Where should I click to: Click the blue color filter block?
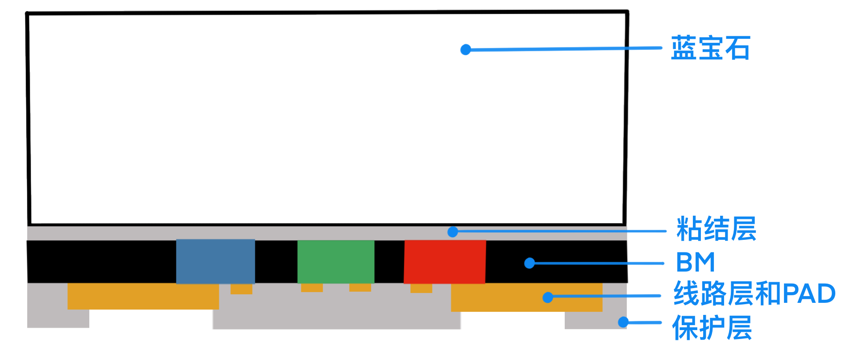pyautogui.click(x=216, y=261)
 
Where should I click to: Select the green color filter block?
pyautogui.click(x=336, y=261)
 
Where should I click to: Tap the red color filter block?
pyautogui.click(x=445, y=262)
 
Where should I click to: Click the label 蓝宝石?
pyautogui.click(x=710, y=48)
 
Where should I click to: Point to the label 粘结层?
pyautogui.click(x=716, y=229)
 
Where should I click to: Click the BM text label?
pyautogui.click(x=696, y=262)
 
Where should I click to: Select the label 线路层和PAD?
pyautogui.click(x=754, y=293)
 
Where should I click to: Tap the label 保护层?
pyautogui.click(x=712, y=327)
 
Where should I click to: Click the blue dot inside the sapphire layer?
pyautogui.click(x=466, y=50)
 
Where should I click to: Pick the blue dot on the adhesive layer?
pyautogui.click(x=453, y=232)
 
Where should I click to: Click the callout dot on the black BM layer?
pyautogui.click(x=529, y=263)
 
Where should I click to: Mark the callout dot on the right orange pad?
pyautogui.click(x=548, y=297)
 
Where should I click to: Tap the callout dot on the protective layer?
pyautogui.click(x=623, y=322)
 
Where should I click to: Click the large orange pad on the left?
pyautogui.click(x=143, y=296)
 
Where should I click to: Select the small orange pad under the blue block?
pyautogui.click(x=242, y=289)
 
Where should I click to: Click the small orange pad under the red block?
pyautogui.click(x=421, y=288)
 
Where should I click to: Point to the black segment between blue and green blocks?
pyautogui.click(x=276, y=261)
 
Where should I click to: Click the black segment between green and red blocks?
pyautogui.click(x=389, y=261)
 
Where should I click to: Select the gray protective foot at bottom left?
pyautogui.click(x=58, y=318)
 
